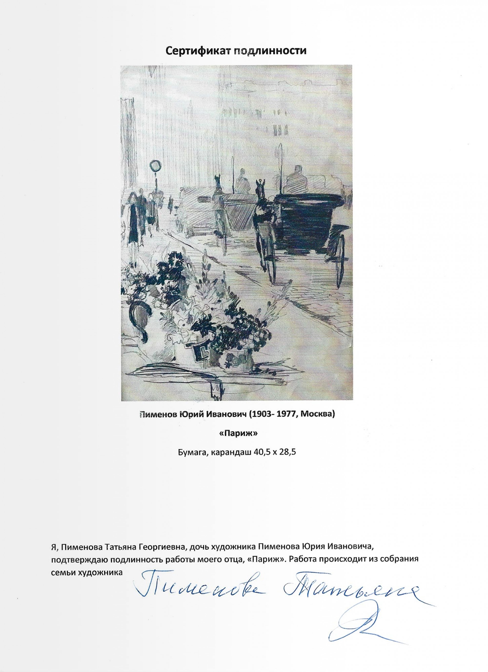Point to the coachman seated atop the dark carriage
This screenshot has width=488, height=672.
[295, 180]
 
